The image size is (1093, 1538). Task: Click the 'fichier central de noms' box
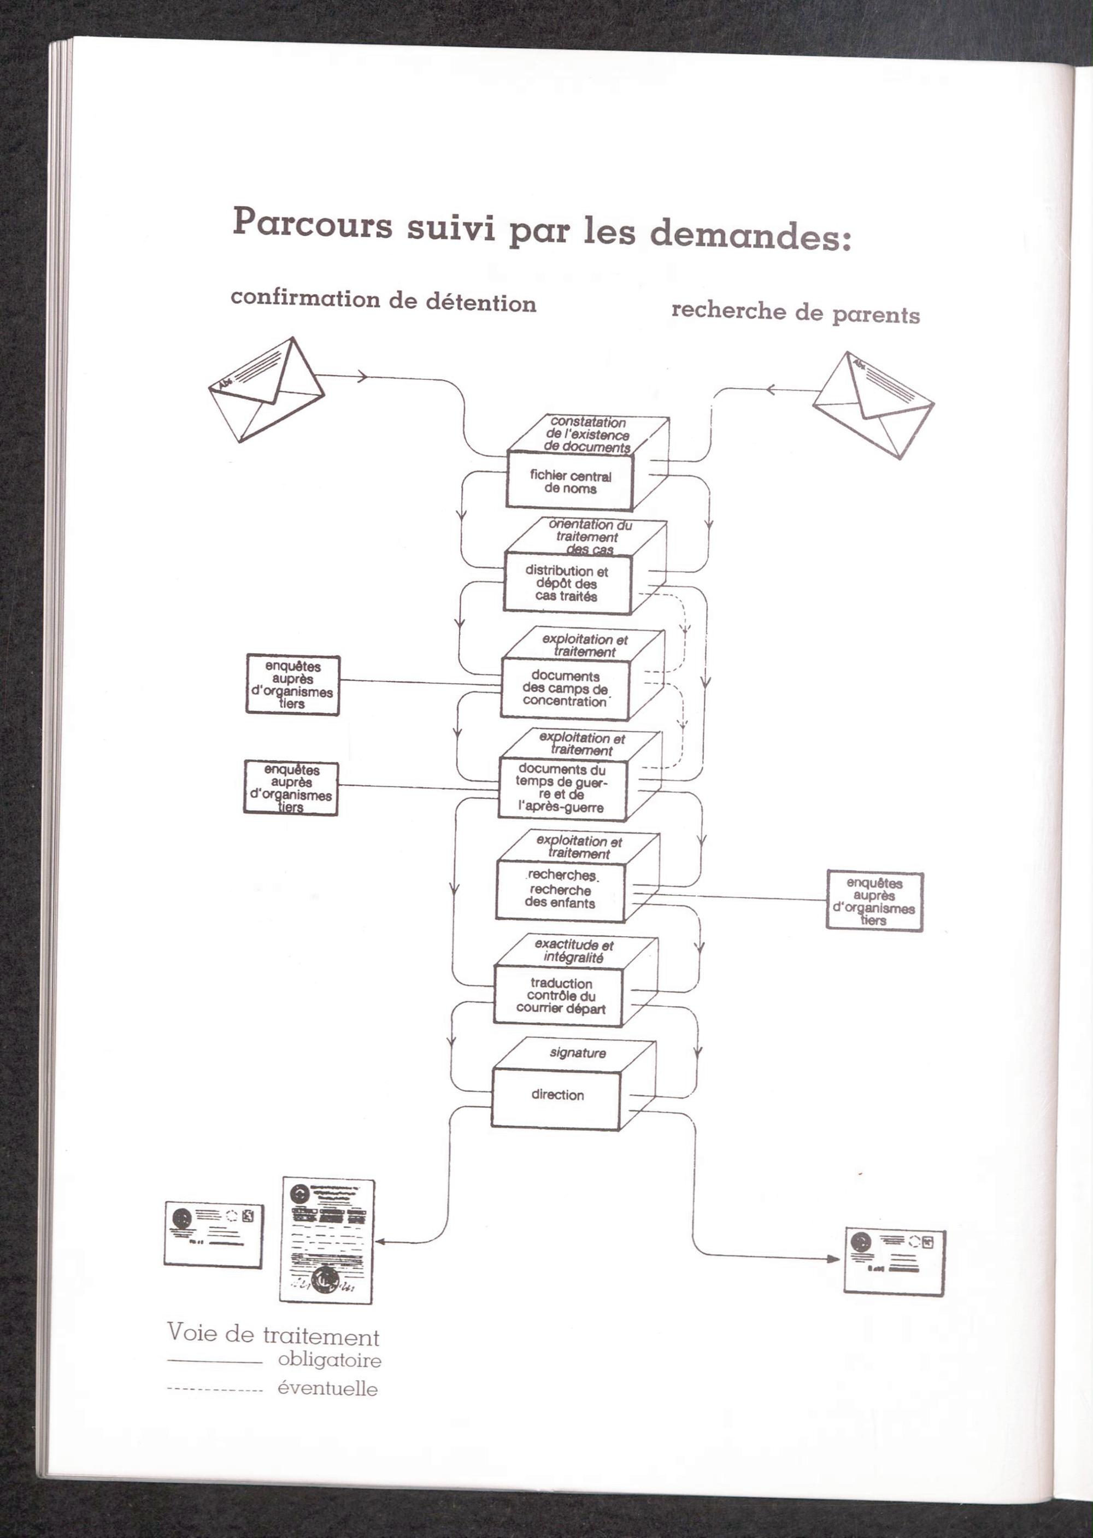[569, 482]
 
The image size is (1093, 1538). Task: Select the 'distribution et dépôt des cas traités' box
[567, 583]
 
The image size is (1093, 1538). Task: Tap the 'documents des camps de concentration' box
[565, 689]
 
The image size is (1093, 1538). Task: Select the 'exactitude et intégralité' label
[573, 951]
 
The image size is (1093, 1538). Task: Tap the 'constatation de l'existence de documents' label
[587, 434]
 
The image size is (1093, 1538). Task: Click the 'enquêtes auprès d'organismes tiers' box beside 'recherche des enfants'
[874, 901]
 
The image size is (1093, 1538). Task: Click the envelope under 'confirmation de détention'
[267, 389]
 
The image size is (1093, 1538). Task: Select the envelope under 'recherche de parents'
[873, 404]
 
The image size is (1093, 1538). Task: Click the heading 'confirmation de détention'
[383, 301]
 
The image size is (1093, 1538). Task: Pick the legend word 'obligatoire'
[329, 1360]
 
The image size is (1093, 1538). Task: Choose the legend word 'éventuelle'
[328, 1389]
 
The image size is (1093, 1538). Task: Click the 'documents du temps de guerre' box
[561, 788]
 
